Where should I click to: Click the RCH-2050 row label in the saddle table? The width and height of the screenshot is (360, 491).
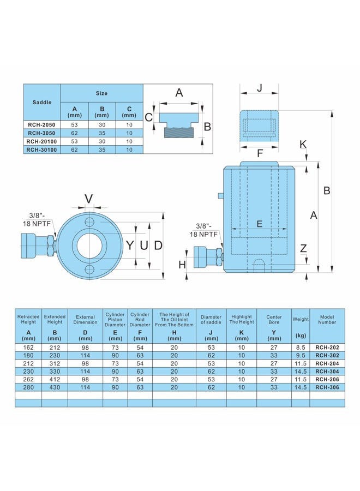[x=41, y=124]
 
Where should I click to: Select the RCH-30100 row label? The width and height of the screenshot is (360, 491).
[x=41, y=149]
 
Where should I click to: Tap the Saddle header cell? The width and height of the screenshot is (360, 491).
[x=41, y=103]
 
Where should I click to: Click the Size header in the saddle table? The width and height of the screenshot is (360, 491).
[x=101, y=93]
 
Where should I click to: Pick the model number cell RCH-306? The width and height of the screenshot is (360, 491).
[x=327, y=387]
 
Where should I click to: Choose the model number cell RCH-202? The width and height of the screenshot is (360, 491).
[x=327, y=348]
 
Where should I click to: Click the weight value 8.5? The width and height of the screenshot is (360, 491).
[x=301, y=348]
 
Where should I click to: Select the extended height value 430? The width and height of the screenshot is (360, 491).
[x=55, y=387]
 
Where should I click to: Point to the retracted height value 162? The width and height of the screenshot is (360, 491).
[x=28, y=348]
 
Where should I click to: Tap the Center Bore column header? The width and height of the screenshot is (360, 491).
[x=274, y=319]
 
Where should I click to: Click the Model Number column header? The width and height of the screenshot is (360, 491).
[x=327, y=319]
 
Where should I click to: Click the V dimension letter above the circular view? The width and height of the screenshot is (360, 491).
[x=89, y=199]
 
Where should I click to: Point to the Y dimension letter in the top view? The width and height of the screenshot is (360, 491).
[x=130, y=245]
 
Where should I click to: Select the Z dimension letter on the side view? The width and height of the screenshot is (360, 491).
[x=303, y=249]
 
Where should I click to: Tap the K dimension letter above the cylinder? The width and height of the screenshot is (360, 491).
[x=303, y=145]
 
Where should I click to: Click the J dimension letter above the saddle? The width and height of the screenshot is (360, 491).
[x=260, y=88]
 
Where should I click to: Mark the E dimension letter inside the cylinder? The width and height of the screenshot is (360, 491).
[x=259, y=224]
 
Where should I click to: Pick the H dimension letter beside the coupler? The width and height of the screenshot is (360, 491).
[x=182, y=265]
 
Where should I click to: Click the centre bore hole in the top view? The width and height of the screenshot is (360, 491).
[x=89, y=245]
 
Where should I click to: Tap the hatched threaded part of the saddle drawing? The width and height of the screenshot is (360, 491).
[x=177, y=132]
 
